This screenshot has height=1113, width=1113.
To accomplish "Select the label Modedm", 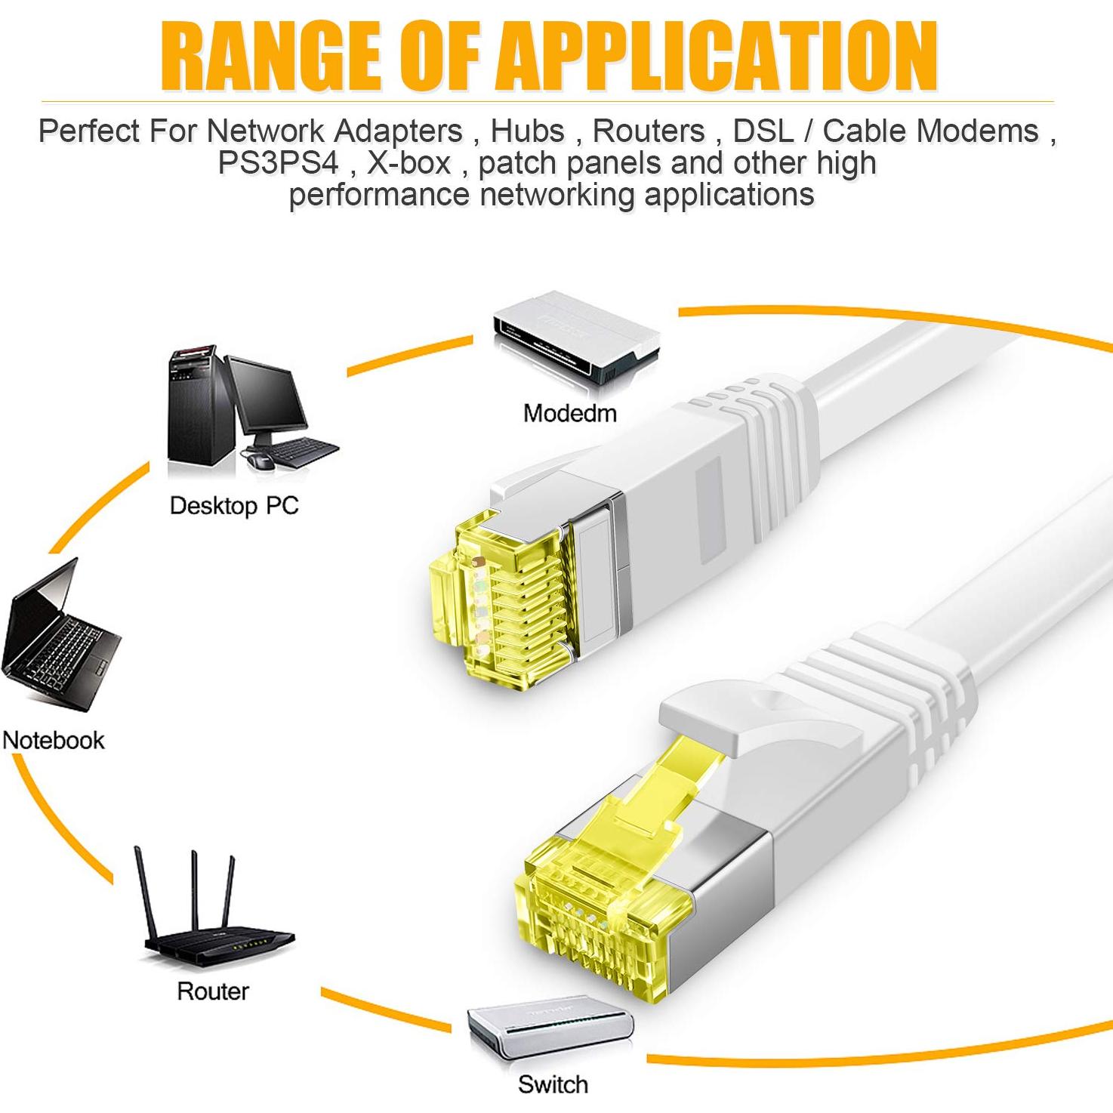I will (569, 413).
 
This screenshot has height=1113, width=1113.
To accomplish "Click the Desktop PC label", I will (234, 505).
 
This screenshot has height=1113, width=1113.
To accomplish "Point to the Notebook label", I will (54, 739).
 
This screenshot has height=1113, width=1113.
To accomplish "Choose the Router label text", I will (212, 991).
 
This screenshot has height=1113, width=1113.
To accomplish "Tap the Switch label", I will (552, 1084).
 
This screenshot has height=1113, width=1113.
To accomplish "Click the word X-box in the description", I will (409, 162).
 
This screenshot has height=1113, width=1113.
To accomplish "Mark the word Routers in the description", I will (649, 131).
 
